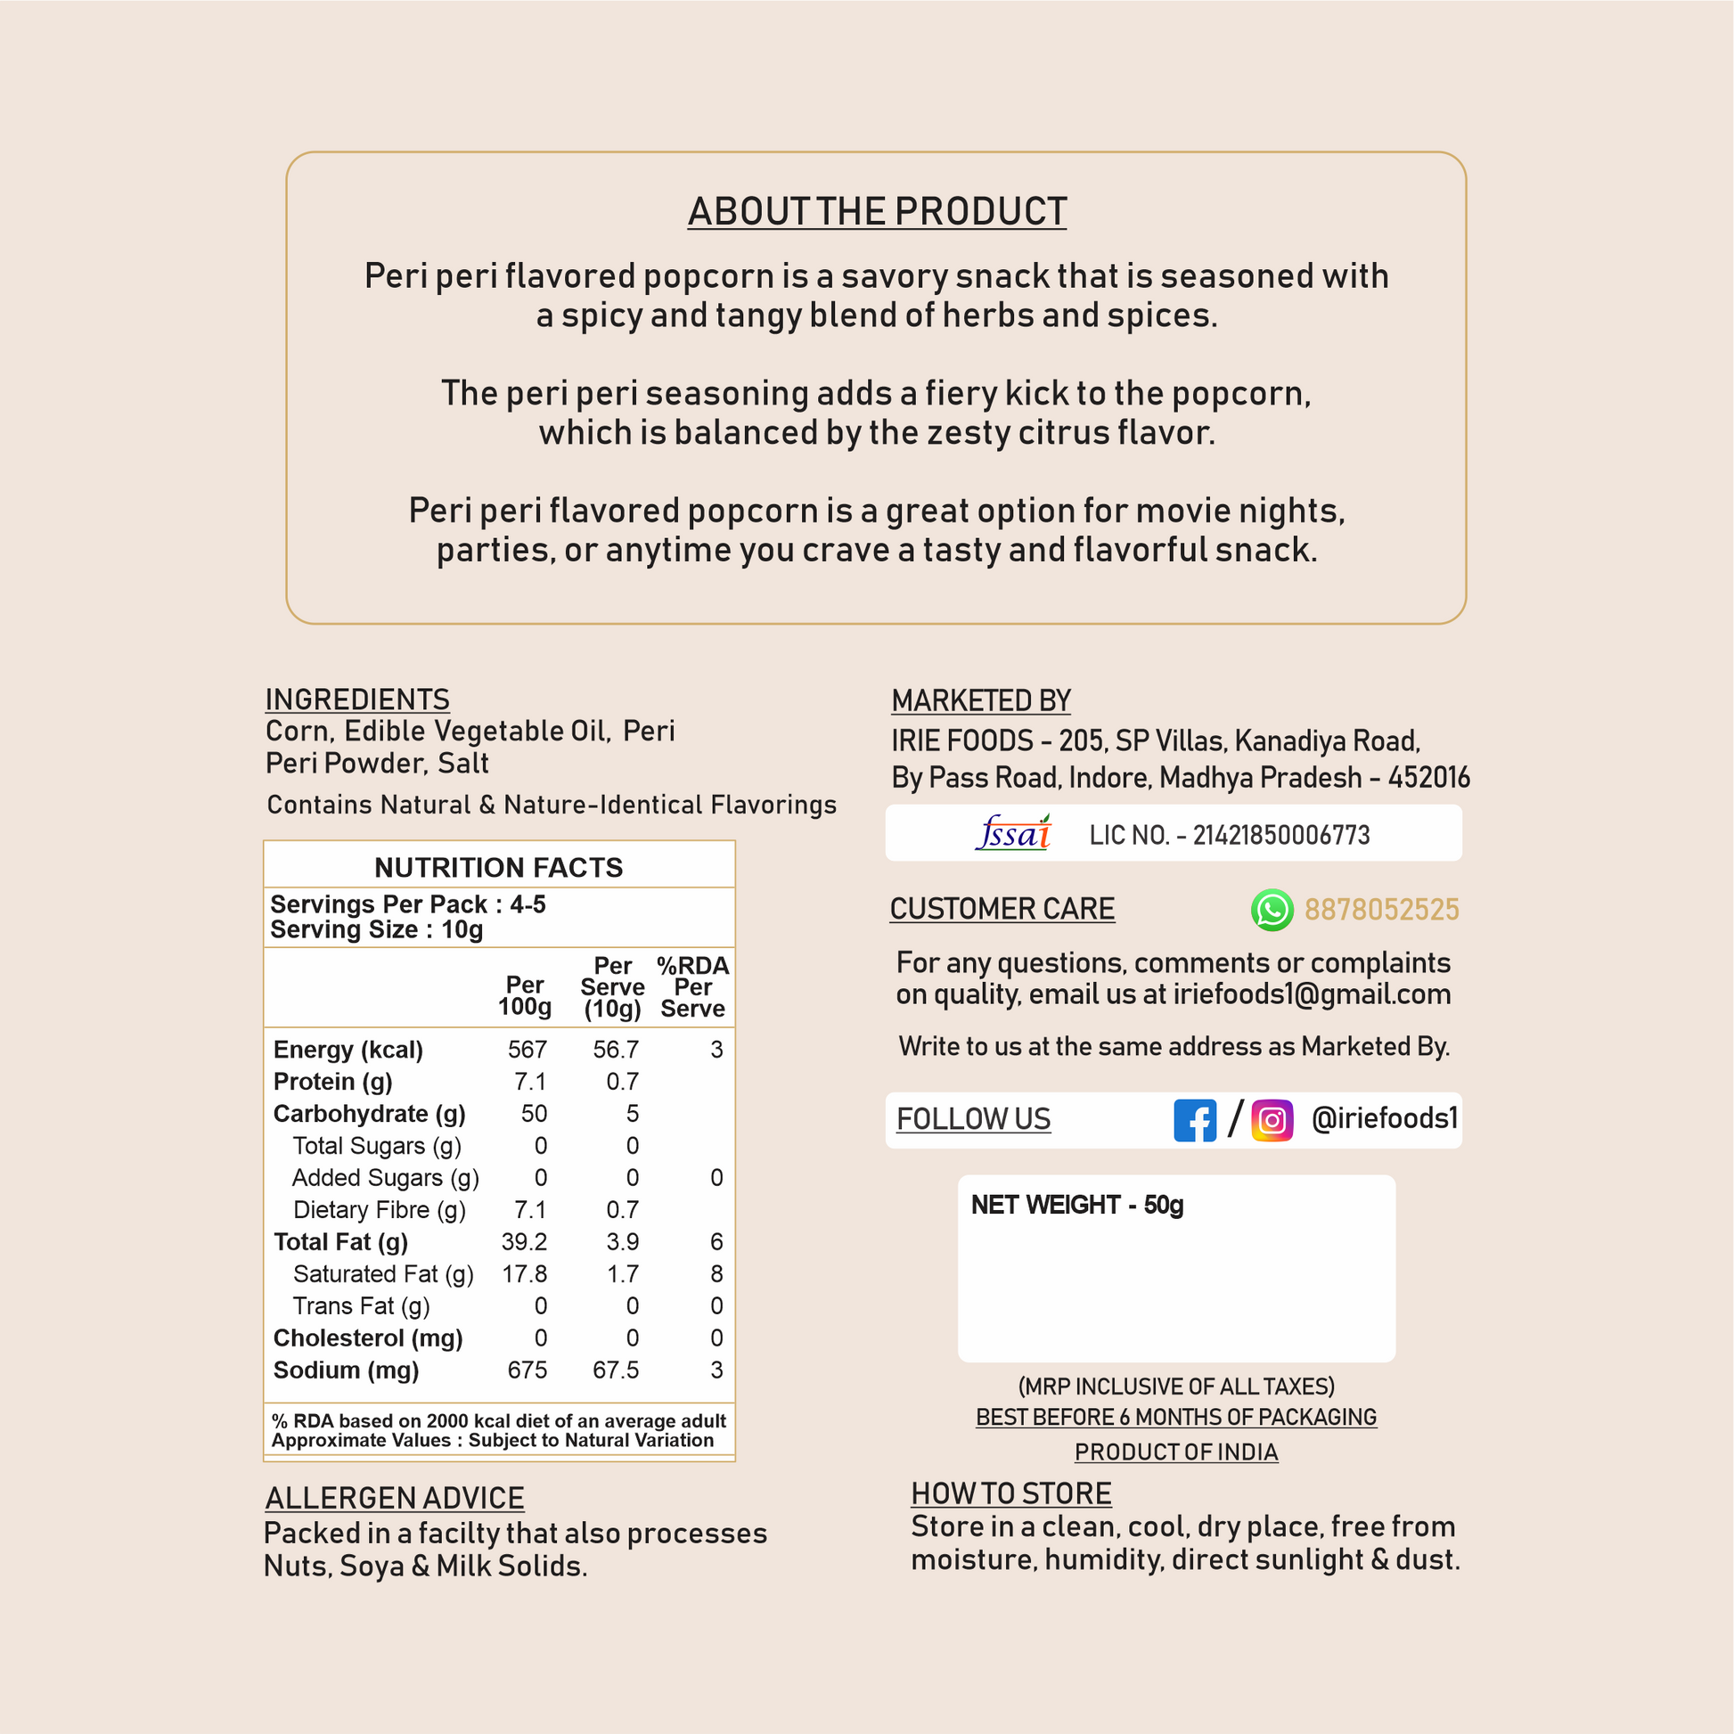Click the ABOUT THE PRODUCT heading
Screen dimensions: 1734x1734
pyautogui.click(x=877, y=212)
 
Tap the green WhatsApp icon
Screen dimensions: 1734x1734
pyautogui.click(x=1272, y=910)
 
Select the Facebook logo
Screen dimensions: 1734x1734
pyautogui.click(x=1195, y=1120)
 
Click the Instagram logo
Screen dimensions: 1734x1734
pyautogui.click(x=1272, y=1120)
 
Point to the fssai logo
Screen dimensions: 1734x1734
pyautogui.click(x=1014, y=834)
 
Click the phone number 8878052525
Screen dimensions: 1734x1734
pyautogui.click(x=1381, y=910)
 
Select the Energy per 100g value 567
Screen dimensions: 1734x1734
pyautogui.click(x=527, y=1049)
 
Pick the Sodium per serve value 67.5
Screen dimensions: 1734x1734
pyautogui.click(x=616, y=1370)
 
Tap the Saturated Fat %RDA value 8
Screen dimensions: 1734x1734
pyautogui.click(x=716, y=1273)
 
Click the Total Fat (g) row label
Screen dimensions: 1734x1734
pyautogui.click(x=341, y=1241)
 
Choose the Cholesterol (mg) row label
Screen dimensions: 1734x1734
pyautogui.click(x=368, y=1337)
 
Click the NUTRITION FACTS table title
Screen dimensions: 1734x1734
pyautogui.click(x=498, y=867)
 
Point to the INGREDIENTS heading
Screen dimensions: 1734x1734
pyautogui.click(x=357, y=699)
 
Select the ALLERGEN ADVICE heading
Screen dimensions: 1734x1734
pyautogui.click(x=394, y=1498)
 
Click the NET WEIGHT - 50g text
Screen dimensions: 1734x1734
pyautogui.click(x=1077, y=1205)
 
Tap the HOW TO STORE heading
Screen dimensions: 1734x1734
pyautogui.click(x=1010, y=1493)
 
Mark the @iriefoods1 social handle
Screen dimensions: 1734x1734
pyautogui.click(x=1384, y=1118)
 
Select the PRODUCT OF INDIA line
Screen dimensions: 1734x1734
pyautogui.click(x=1175, y=1452)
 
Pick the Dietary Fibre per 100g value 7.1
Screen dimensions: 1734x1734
pyautogui.click(x=529, y=1210)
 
